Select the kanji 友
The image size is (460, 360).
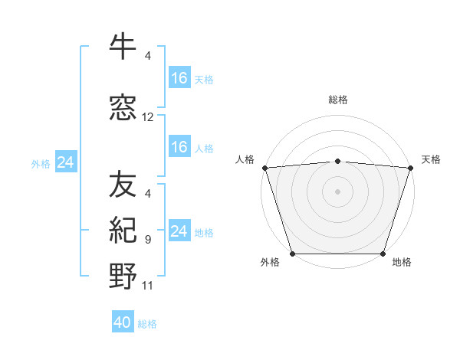point(123,185)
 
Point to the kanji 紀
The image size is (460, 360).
point(123,231)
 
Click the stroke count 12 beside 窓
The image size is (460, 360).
point(148,117)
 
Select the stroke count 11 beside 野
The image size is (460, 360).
point(148,286)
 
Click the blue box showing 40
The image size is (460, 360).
point(123,323)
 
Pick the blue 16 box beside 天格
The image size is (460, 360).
point(179,78)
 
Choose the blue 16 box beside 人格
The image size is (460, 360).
point(179,147)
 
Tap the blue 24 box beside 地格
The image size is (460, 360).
point(179,231)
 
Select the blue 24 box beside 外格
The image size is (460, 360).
point(65,162)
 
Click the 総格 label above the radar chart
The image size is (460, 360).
point(338,100)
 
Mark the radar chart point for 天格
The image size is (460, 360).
point(411,168)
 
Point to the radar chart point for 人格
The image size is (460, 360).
point(264,168)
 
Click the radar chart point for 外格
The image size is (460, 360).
point(293,254)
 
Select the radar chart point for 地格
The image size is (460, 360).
point(383,254)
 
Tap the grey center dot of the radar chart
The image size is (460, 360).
point(338,191)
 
